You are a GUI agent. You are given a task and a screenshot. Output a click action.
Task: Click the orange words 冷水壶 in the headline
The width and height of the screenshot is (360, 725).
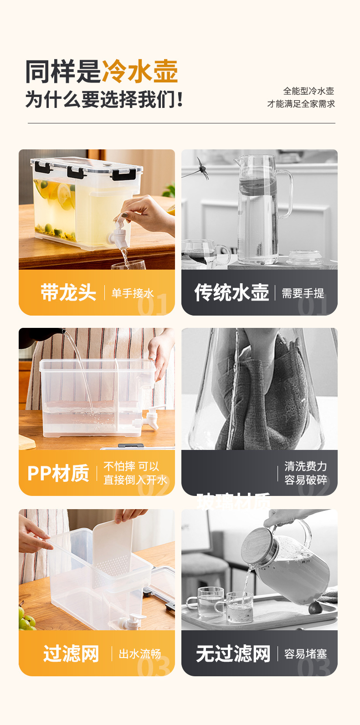pyautogui.click(x=139, y=71)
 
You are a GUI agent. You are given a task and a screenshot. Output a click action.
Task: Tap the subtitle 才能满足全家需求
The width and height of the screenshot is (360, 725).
pyautogui.click(x=301, y=104)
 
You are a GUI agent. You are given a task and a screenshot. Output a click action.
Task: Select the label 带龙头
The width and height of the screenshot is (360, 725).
pyautogui.click(x=68, y=292)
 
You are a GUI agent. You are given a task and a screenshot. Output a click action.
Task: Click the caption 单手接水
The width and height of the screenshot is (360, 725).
pyautogui.click(x=133, y=293)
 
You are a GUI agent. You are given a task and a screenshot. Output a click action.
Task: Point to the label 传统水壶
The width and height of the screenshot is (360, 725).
pyautogui.click(x=231, y=292)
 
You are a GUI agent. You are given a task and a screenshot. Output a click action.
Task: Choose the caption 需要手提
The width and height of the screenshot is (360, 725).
pyautogui.click(x=303, y=293)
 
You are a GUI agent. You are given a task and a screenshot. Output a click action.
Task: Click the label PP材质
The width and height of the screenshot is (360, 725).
pyautogui.click(x=58, y=473)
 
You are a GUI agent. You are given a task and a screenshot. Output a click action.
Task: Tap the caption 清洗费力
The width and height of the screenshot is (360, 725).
pyautogui.click(x=305, y=466)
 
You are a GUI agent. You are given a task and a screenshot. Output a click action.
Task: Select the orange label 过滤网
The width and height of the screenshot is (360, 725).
pyautogui.click(x=71, y=654)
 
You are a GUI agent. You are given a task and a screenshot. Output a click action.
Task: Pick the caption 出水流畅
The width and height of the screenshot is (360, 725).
pyautogui.click(x=140, y=654)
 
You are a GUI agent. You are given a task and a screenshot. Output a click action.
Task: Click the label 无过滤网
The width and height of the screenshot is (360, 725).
pyautogui.click(x=233, y=654)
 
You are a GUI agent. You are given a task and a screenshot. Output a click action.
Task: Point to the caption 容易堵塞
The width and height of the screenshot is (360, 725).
pyautogui.click(x=305, y=654)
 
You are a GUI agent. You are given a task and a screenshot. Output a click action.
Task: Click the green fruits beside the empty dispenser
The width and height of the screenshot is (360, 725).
pyautogui.click(x=26, y=618)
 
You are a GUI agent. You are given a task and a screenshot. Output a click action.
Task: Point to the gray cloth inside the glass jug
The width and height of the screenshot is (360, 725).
pyautogui.click(x=264, y=401)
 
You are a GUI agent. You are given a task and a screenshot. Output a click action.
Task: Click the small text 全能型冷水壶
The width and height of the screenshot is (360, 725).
pyautogui.click(x=309, y=91)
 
